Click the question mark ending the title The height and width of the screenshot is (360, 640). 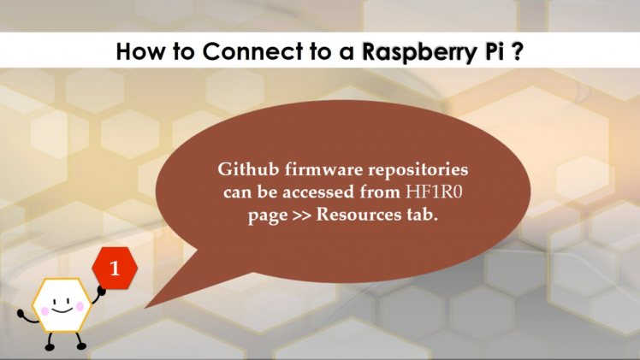coord(518,51)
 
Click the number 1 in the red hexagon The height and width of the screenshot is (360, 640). coord(115,268)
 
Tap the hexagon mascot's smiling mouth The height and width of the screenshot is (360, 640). coord(61,309)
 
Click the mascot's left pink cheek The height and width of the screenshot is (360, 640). coord(41,306)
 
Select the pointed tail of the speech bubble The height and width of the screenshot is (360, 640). coord(154,299)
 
